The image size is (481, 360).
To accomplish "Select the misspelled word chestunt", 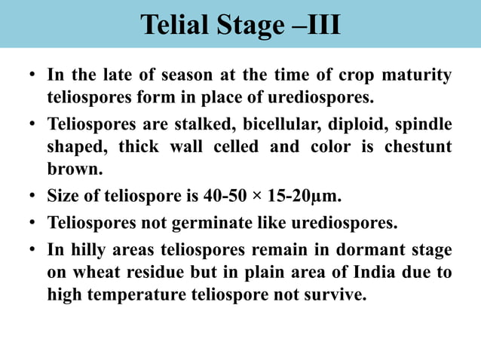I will (x=418, y=146).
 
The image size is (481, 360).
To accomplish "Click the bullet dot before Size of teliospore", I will (x=32, y=198).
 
